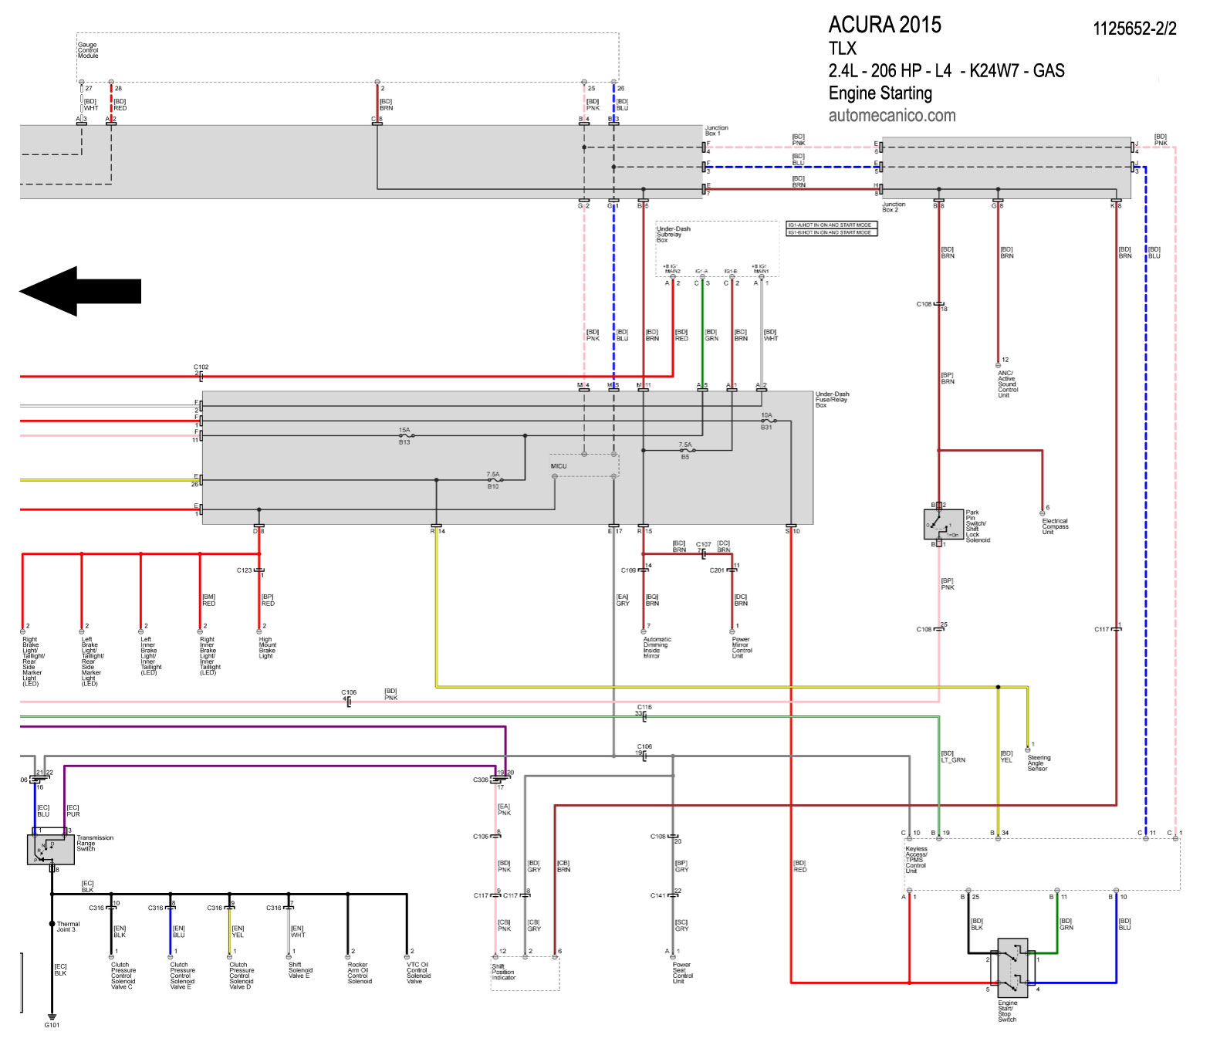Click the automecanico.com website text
(x=891, y=116)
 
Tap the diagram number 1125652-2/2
(x=1134, y=29)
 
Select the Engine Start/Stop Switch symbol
(x=1012, y=967)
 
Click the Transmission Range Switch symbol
(x=50, y=849)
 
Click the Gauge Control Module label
(x=87, y=50)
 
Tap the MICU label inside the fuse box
(x=559, y=466)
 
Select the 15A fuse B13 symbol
(x=405, y=436)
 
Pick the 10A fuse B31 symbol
(x=767, y=421)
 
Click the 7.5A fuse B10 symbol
(x=494, y=480)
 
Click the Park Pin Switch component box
(x=943, y=525)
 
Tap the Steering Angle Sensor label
(x=1038, y=763)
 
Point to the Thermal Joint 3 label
(x=67, y=926)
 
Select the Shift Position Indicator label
(x=503, y=972)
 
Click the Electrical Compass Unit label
(x=1054, y=526)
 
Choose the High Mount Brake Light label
(x=266, y=648)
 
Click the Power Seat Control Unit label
(x=682, y=973)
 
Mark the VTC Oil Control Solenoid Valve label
(x=418, y=973)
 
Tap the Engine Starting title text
(x=880, y=93)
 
